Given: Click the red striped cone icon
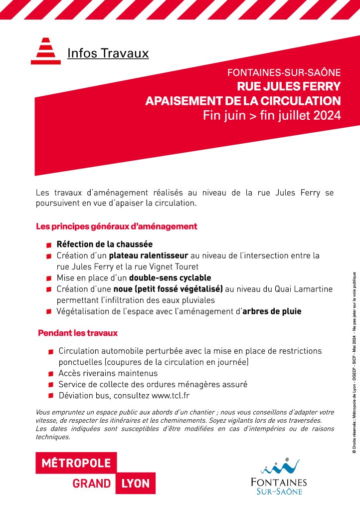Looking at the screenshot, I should (46, 51).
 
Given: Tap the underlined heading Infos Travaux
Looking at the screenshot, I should (108, 53).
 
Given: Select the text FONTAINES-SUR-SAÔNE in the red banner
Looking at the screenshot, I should (284, 72).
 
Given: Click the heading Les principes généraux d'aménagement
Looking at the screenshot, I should (117, 227).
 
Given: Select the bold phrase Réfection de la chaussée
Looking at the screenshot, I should (104, 245).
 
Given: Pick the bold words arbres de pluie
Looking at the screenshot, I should (272, 311).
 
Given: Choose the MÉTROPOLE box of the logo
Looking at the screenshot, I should (76, 463).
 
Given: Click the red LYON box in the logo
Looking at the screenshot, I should (136, 484).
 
